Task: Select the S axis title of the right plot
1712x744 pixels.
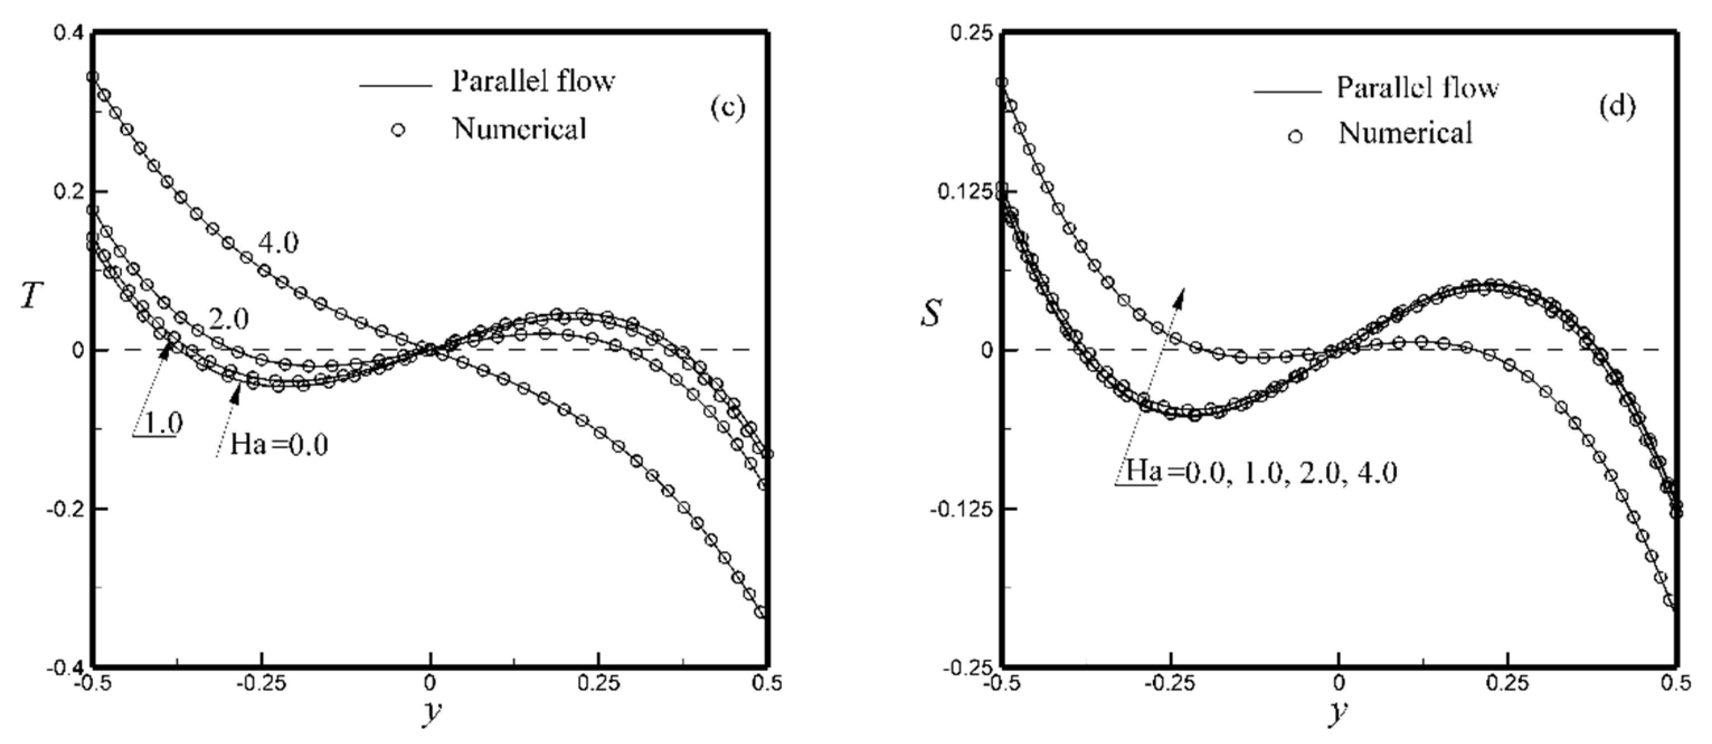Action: tap(931, 312)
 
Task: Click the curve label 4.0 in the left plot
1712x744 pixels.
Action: tap(278, 243)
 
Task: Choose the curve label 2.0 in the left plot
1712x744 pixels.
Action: tap(228, 320)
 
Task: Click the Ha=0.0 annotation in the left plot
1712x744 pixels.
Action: tap(279, 444)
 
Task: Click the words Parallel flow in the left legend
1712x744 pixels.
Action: tap(533, 82)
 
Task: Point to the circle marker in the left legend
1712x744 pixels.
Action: tap(398, 130)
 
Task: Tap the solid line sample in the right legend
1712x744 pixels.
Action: tap(1287, 91)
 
